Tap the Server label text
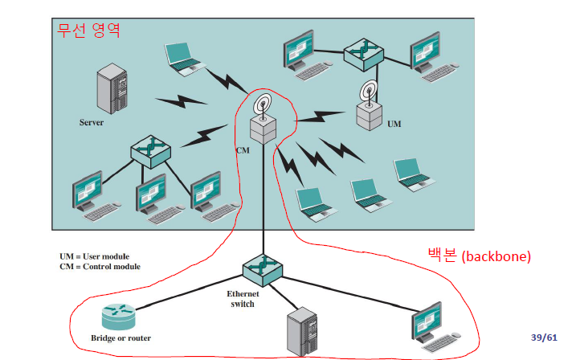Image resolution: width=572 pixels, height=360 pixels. click(x=92, y=123)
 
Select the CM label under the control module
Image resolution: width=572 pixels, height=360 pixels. click(x=243, y=150)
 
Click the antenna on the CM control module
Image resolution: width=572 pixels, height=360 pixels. click(x=263, y=105)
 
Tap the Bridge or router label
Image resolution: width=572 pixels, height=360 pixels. click(x=121, y=338)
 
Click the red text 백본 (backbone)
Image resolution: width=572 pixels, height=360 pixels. click(x=479, y=257)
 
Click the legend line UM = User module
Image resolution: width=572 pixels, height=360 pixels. click(x=94, y=256)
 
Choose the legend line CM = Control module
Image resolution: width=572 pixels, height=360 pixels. click(x=100, y=267)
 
